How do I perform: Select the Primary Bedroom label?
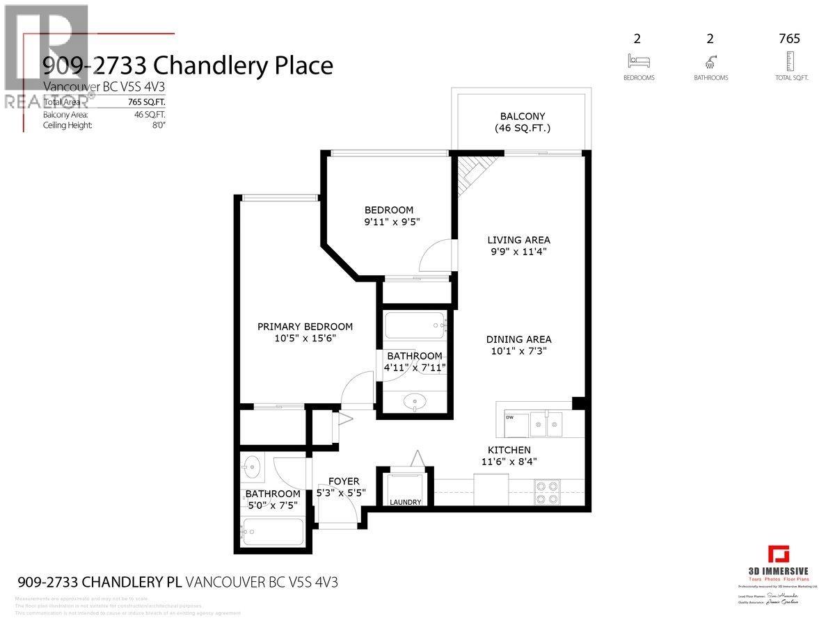tap(305, 326)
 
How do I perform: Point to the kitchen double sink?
tap(546, 423)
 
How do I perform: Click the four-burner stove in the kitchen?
tap(546, 492)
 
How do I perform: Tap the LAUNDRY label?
tap(405, 502)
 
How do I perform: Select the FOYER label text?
tap(344, 481)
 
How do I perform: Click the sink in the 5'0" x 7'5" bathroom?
tap(252, 467)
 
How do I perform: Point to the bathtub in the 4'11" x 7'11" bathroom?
tap(415, 324)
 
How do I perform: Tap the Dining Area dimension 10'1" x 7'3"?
tap(518, 351)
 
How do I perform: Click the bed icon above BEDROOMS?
tap(639, 60)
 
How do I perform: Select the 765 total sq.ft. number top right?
tap(789, 39)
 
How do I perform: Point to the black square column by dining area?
tap(577, 403)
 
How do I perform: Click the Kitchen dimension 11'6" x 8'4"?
tap(509, 462)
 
